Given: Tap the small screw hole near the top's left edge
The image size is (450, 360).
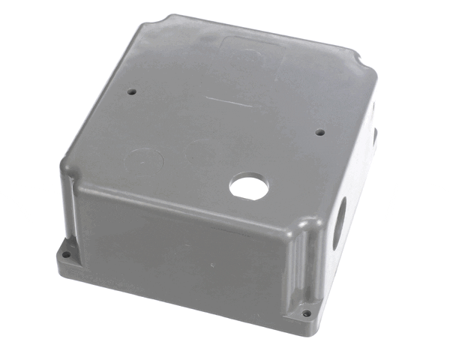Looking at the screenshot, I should [x=132, y=92].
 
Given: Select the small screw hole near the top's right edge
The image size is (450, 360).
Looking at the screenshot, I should [x=319, y=133].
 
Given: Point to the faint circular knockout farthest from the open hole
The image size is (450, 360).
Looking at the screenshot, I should [x=143, y=160].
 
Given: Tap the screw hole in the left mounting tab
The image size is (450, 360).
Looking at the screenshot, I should [x=65, y=255].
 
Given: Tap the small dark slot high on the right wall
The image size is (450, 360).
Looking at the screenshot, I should [x=373, y=135].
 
